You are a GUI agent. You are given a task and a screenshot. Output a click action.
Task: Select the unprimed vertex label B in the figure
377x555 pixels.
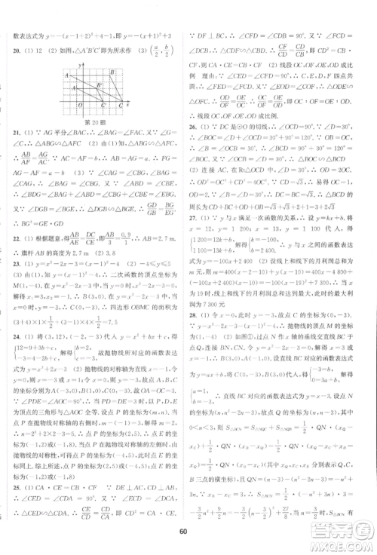click(x=112, y=72)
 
